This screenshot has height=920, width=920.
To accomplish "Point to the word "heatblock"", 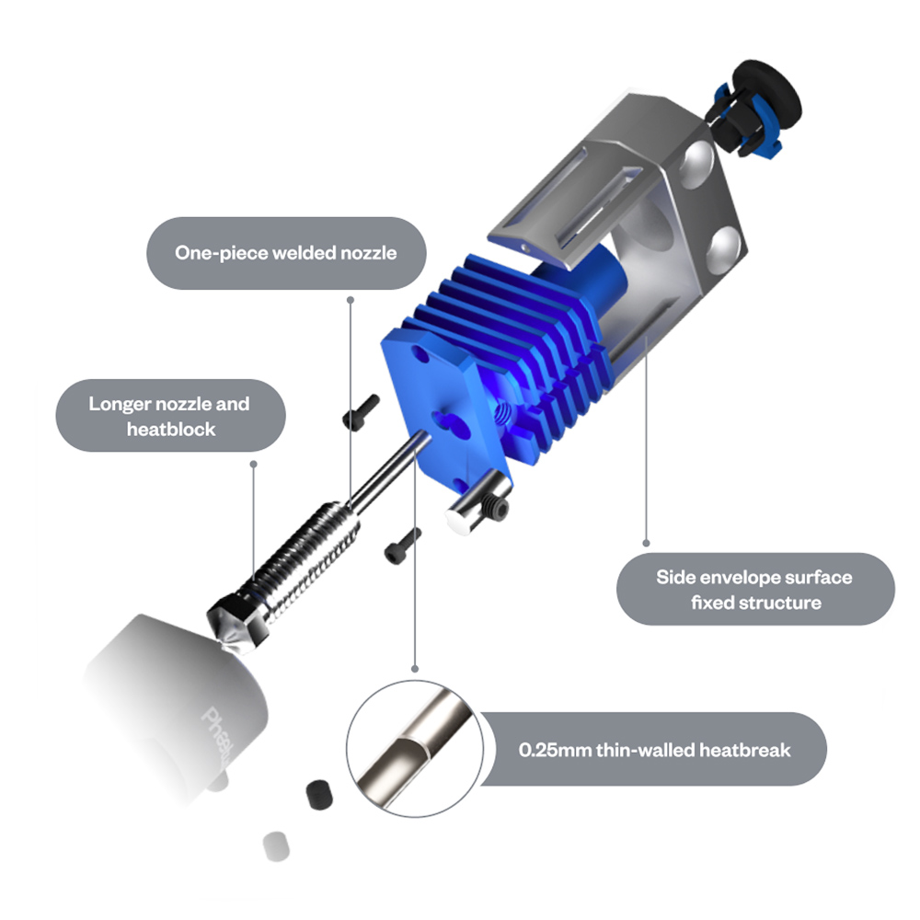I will [x=171, y=429].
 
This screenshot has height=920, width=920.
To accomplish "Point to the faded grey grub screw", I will [x=273, y=845].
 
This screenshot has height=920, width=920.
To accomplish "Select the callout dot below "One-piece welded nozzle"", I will [x=349, y=299].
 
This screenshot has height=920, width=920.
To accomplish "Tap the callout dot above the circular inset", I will [x=415, y=668].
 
